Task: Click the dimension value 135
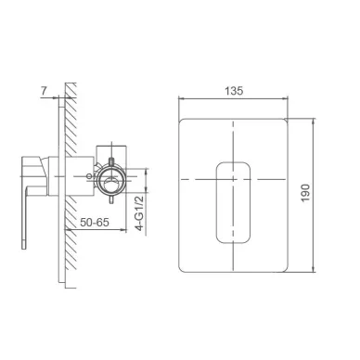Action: coord(234,91)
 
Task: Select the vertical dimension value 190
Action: coord(305,193)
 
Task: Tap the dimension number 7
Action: coord(44,91)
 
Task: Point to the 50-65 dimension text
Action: coord(95,222)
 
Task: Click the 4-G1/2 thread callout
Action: coord(140,213)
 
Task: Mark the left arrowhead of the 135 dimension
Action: coord(180,99)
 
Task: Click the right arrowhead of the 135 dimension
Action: coord(286,99)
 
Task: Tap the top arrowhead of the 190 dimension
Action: coord(314,121)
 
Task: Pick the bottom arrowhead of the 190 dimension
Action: coord(314,270)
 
